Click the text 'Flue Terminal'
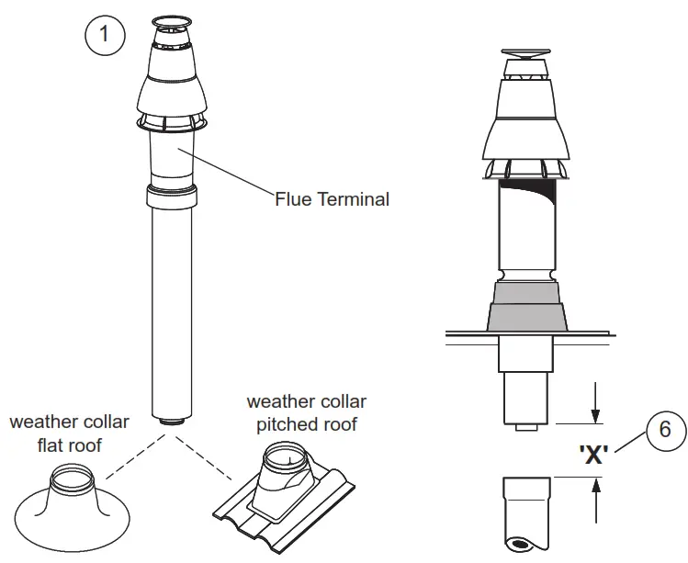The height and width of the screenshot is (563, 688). click(x=333, y=198)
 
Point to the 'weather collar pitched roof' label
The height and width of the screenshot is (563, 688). click(x=306, y=413)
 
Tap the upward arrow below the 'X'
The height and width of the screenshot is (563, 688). click(x=595, y=500)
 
